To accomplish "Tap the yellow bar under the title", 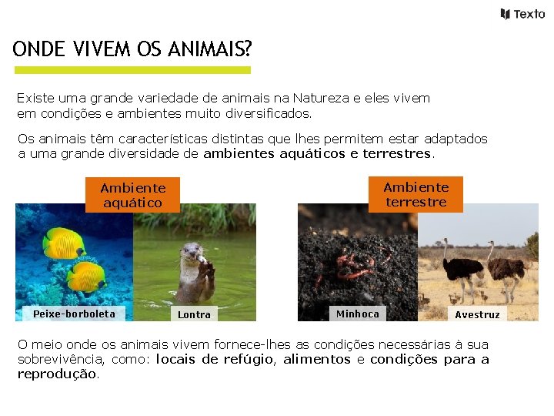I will [x=133, y=70].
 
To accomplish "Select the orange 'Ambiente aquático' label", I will [x=132, y=195].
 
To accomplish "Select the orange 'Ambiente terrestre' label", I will [x=415, y=194].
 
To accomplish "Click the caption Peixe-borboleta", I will [x=74, y=314].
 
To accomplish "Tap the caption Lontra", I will [x=194, y=314].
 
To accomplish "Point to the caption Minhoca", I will [x=357, y=314].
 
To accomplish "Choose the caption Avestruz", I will [x=477, y=314].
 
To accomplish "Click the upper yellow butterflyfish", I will [x=64, y=243].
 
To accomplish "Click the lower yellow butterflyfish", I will [x=85, y=276].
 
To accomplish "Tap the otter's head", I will [x=191, y=253].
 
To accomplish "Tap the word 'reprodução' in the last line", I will [x=58, y=374].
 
